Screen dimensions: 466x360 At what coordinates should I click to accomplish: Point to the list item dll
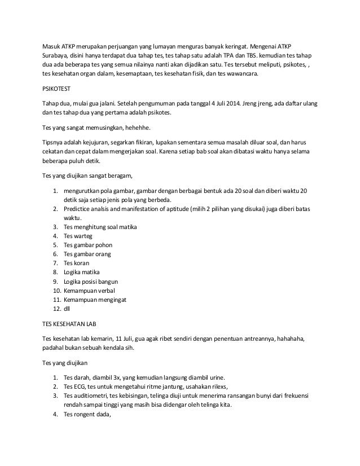(67, 309)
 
